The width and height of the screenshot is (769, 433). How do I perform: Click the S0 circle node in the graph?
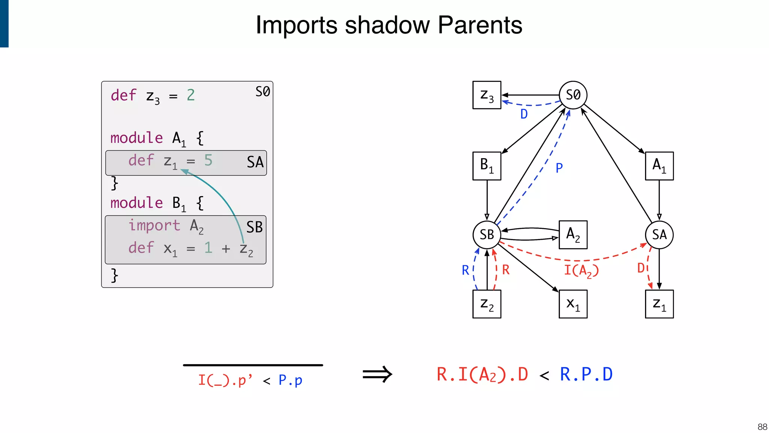(x=573, y=95)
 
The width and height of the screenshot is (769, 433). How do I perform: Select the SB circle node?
(x=487, y=235)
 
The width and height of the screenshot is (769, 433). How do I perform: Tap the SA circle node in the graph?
(x=659, y=235)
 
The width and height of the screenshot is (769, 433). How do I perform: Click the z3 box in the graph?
(x=487, y=95)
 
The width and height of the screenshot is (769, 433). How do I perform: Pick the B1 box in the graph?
(x=487, y=166)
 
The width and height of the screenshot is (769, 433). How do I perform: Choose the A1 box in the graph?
(x=659, y=166)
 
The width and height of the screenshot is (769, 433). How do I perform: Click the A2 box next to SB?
(x=573, y=235)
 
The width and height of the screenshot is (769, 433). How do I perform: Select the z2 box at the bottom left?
(x=487, y=304)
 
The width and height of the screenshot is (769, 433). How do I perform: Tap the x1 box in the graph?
(x=573, y=304)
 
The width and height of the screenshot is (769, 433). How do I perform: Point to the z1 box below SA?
(x=659, y=304)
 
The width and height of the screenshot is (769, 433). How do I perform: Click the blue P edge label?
(x=559, y=168)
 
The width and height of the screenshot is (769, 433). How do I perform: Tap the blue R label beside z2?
(x=465, y=270)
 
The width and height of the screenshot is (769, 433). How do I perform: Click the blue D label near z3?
(x=524, y=114)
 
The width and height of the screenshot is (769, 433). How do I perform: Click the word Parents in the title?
(x=480, y=25)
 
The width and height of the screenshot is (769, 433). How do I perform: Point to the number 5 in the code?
(x=208, y=160)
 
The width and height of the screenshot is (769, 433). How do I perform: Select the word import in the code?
(x=154, y=225)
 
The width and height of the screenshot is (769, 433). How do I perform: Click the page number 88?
(x=762, y=427)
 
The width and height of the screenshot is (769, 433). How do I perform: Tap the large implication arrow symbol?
(x=377, y=374)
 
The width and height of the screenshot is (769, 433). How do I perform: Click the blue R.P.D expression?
(x=586, y=374)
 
